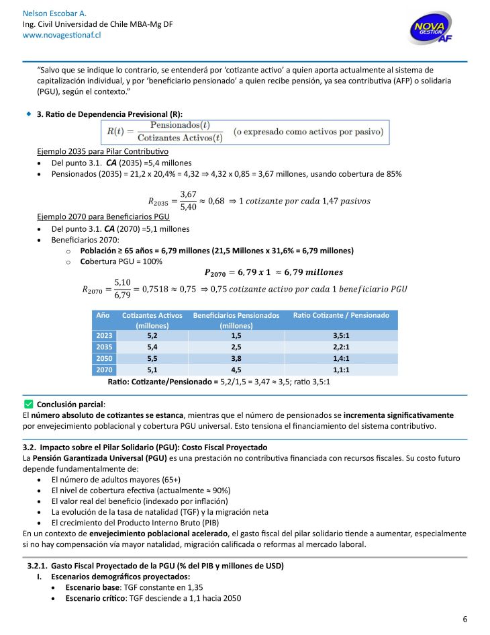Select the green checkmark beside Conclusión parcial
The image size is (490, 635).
click(28, 404)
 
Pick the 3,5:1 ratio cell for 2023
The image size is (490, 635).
click(341, 335)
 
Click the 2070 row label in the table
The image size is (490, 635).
click(103, 369)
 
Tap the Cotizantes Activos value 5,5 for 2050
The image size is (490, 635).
click(152, 357)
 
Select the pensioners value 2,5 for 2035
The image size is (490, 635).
click(236, 346)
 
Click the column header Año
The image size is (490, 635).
click(103, 314)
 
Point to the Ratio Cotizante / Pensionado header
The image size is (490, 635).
click(341, 314)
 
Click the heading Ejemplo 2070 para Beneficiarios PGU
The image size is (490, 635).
click(103, 217)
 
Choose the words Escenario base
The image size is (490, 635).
click(93, 587)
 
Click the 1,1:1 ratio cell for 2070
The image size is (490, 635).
click(341, 369)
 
